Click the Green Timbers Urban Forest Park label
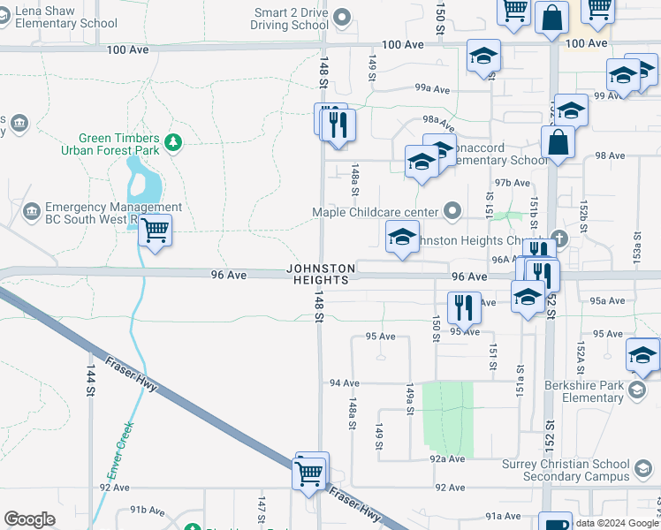(x=119, y=145)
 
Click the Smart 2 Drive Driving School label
(x=291, y=19)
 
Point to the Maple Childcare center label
(x=376, y=212)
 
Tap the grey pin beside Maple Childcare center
(x=453, y=210)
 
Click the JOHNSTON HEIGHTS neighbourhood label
(x=321, y=274)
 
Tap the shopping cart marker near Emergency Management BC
(x=156, y=231)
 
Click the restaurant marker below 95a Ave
(x=463, y=307)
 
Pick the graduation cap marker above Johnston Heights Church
(x=402, y=237)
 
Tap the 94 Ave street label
(x=344, y=383)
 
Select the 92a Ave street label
(x=447, y=459)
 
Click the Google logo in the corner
(x=29, y=519)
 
